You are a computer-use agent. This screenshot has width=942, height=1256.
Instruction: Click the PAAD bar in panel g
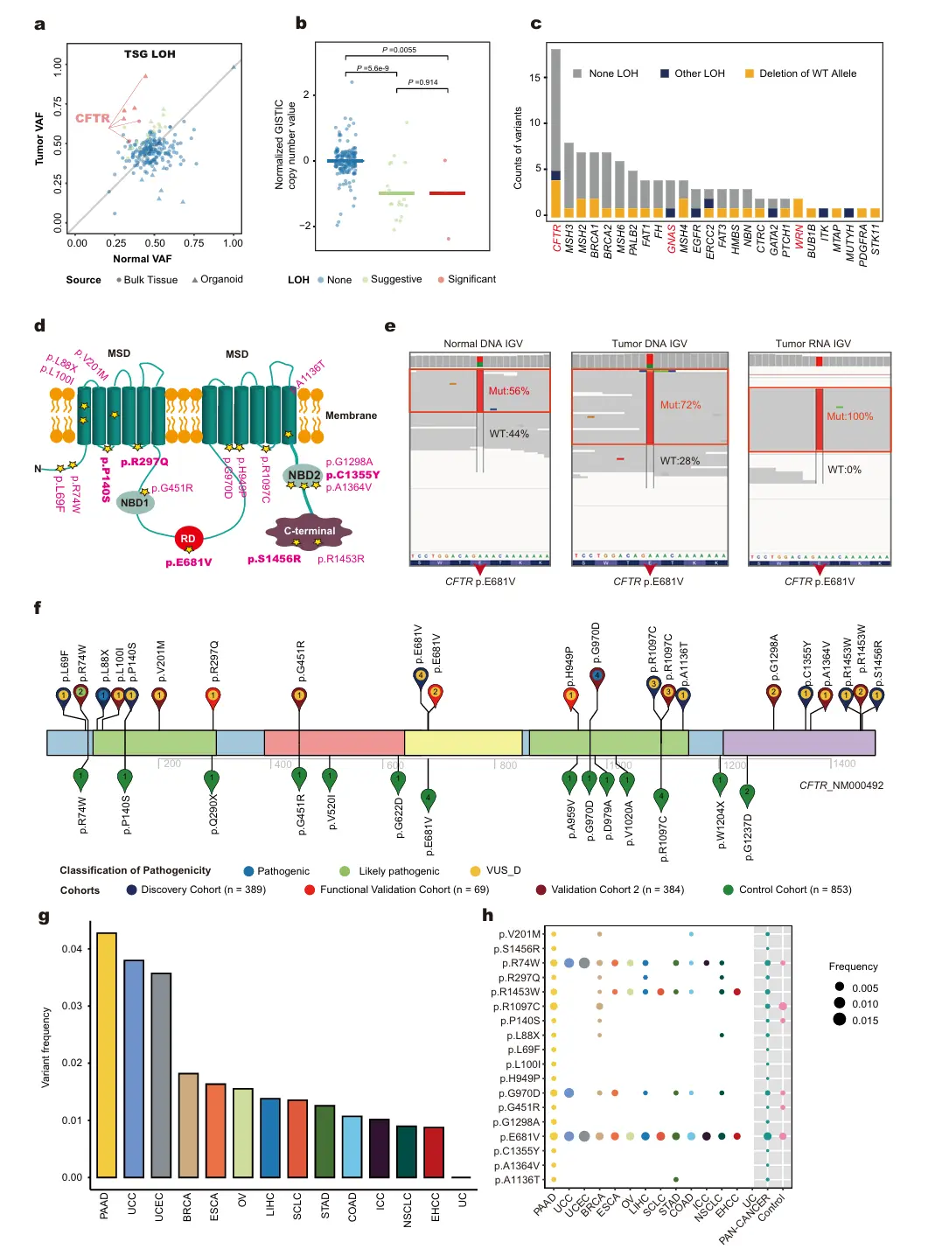pyautogui.click(x=106, y=1054)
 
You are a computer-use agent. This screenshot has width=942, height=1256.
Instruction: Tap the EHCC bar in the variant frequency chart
pyautogui.click(x=434, y=1151)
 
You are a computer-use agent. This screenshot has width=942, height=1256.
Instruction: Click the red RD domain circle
pyautogui.click(x=188, y=539)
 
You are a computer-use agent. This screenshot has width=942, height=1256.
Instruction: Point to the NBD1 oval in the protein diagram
pyautogui.click(x=135, y=502)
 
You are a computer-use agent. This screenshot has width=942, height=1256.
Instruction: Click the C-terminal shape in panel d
pyautogui.click(x=309, y=531)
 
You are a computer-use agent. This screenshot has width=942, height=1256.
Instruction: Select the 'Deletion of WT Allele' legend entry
pyautogui.click(x=800, y=73)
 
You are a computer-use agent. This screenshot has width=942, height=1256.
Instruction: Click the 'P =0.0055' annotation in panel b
pyautogui.click(x=399, y=50)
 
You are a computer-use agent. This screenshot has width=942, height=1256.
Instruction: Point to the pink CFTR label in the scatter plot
pyautogui.click(x=93, y=118)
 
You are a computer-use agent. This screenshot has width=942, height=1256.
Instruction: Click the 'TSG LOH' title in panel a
pyautogui.click(x=150, y=54)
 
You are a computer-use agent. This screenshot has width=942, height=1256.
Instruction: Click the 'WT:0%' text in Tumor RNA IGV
pyautogui.click(x=844, y=470)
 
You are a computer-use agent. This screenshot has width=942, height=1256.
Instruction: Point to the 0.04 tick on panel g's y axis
pyautogui.click(x=72, y=949)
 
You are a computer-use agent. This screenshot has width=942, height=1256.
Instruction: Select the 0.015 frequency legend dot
pyautogui.click(x=840, y=1020)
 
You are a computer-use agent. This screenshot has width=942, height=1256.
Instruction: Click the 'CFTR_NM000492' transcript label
pyautogui.click(x=841, y=785)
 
